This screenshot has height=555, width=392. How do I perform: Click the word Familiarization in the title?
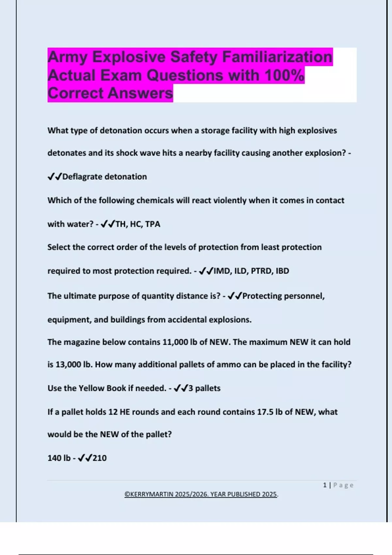click(277, 57)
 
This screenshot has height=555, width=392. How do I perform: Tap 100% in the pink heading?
click(284, 75)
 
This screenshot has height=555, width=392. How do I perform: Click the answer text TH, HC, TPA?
click(138, 224)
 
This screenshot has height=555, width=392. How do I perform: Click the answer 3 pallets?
click(204, 388)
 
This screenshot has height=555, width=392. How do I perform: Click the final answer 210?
click(100, 458)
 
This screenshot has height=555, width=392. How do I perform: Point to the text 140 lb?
click(59, 458)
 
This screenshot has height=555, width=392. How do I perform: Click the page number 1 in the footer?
click(325, 485)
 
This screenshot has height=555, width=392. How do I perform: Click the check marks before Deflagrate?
click(55, 177)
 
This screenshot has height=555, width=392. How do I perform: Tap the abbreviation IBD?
click(282, 271)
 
